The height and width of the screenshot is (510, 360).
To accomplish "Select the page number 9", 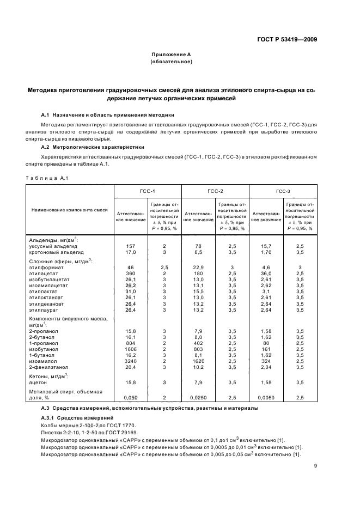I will tap(315, 465).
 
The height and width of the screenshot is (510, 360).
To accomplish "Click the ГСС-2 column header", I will tap(215, 191).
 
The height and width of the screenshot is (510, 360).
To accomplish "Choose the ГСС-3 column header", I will tap(283, 191).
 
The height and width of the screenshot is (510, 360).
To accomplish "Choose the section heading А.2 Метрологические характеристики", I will tap(93, 147).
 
